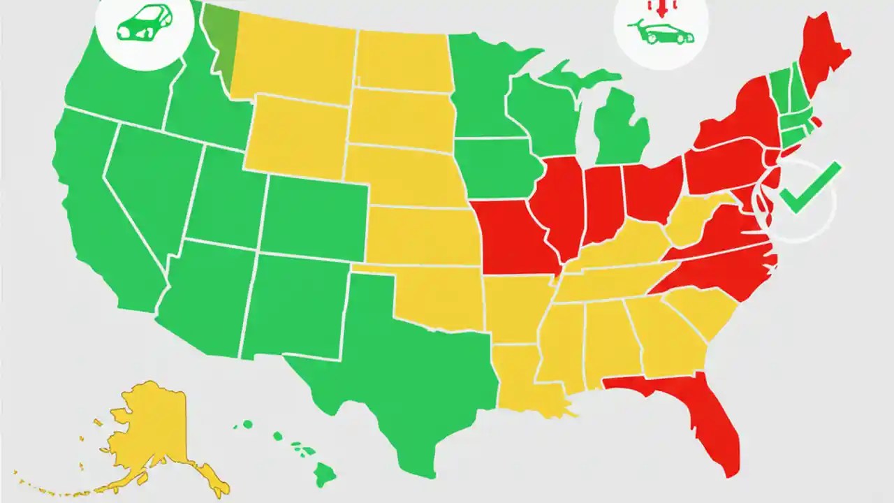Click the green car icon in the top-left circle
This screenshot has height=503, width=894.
click(144, 22)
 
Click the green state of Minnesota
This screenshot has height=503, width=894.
click(482, 84)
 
